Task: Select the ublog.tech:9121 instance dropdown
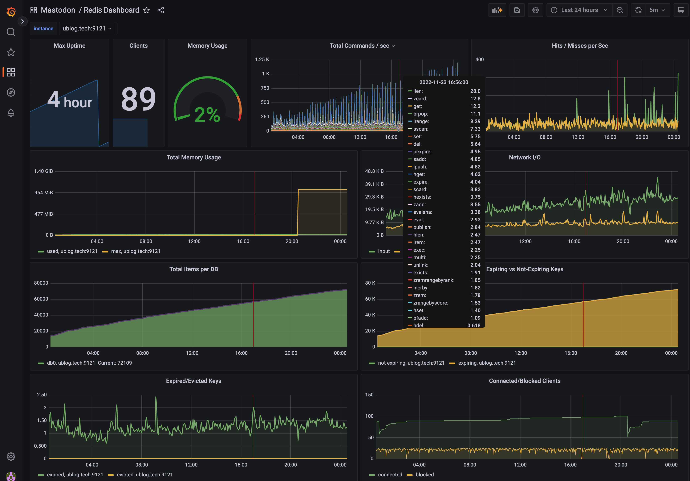click(87, 29)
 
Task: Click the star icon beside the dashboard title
click(146, 10)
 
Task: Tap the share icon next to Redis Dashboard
click(161, 10)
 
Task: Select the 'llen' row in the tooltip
click(418, 91)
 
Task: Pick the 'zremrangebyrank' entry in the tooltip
click(434, 280)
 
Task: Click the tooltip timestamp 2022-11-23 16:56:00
click(444, 82)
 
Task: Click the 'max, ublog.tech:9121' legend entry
click(135, 251)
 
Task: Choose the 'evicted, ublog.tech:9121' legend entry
click(145, 474)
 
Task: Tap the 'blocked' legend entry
click(424, 474)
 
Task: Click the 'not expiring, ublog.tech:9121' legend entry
click(411, 363)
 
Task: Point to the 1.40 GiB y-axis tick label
click(43, 171)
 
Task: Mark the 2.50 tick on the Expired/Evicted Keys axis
click(42, 395)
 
